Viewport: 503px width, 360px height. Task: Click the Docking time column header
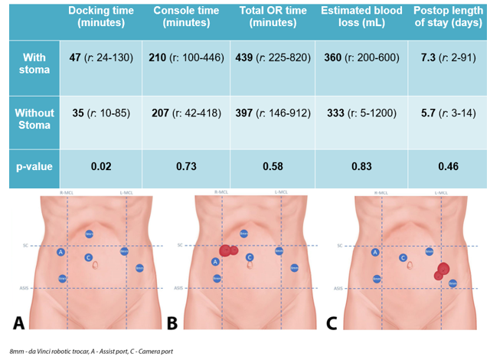pyautogui.click(x=100, y=17)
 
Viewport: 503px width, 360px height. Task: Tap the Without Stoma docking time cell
pyautogui.click(x=100, y=113)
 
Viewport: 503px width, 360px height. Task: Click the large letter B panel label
pyautogui.click(x=173, y=322)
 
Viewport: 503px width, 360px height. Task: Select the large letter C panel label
pyautogui.click(x=332, y=322)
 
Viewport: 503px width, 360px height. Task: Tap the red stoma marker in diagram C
pyautogui.click(x=443, y=270)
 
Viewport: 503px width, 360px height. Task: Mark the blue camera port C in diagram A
pyautogui.click(x=89, y=257)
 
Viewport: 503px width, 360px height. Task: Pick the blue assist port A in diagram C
pyautogui.click(x=375, y=251)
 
